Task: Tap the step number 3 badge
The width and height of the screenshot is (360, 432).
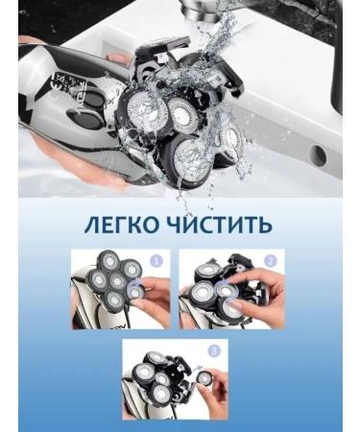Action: (x=214, y=348)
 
